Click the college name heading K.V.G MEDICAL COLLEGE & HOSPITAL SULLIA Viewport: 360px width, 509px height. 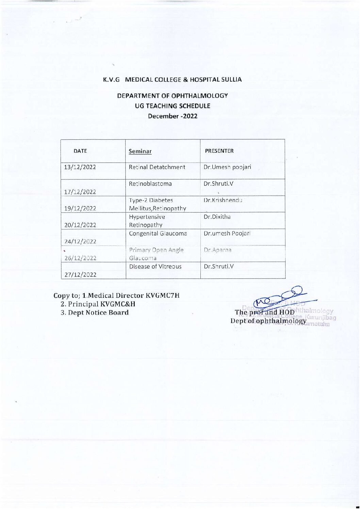pos(173,80)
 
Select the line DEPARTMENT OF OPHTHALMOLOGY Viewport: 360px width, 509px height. pos(173,96)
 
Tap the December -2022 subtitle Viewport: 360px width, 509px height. pos(173,116)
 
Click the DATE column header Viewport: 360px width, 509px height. pos(80,151)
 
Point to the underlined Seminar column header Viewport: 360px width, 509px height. pos(140,151)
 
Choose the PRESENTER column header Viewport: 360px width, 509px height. pos(219,151)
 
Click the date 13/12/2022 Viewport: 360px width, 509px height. pos(80,167)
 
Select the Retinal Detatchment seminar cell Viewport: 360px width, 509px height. pos(157,167)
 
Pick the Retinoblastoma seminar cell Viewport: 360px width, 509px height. pos(150,184)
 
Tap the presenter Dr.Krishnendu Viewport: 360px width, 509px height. pos(223,200)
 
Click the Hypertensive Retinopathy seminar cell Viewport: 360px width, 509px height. pos(147,221)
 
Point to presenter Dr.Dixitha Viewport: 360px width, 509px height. pos(217,217)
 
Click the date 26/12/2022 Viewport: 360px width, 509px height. pos(80,258)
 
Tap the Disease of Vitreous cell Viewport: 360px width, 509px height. pos(155,267)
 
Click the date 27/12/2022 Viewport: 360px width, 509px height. pos(80,274)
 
